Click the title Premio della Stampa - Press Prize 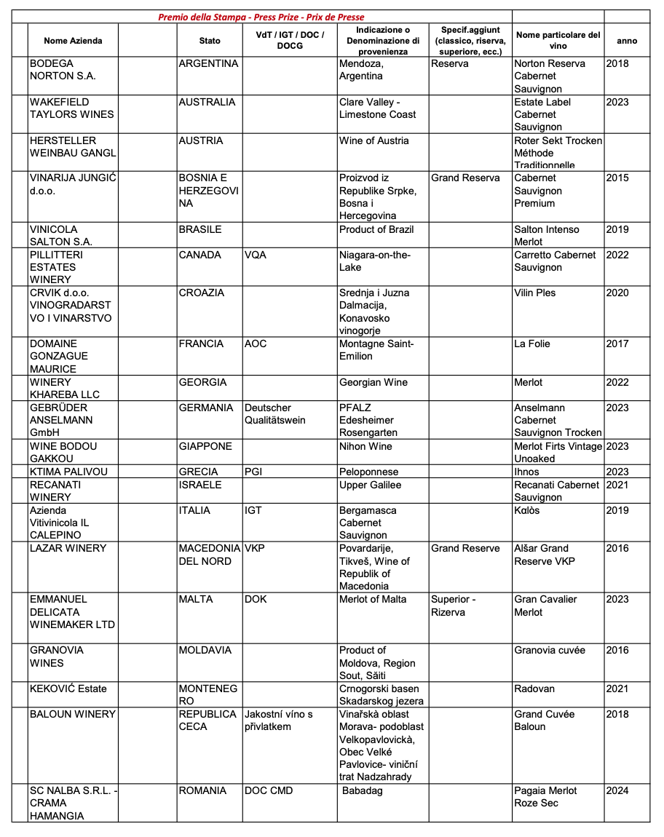(x=261, y=17)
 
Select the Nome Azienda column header (x=73, y=41)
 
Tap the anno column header (x=626, y=41)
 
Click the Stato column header (x=210, y=41)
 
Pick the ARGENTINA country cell (x=208, y=64)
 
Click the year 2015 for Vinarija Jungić (x=617, y=178)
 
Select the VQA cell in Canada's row (x=256, y=255)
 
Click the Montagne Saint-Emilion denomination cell (x=376, y=350)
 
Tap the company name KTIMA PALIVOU (x=68, y=472)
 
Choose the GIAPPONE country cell (x=205, y=446)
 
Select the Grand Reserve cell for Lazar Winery (x=465, y=549)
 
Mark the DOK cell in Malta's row (x=256, y=600)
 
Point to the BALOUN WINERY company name (x=73, y=714)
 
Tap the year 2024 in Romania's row (x=617, y=790)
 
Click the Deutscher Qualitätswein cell (x=275, y=414)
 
